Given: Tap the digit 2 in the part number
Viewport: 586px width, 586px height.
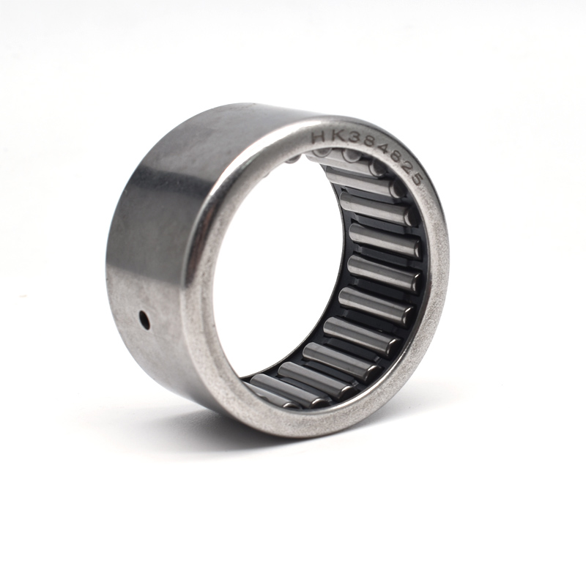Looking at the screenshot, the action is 404,169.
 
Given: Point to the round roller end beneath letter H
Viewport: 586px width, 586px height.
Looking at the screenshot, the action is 319,153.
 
